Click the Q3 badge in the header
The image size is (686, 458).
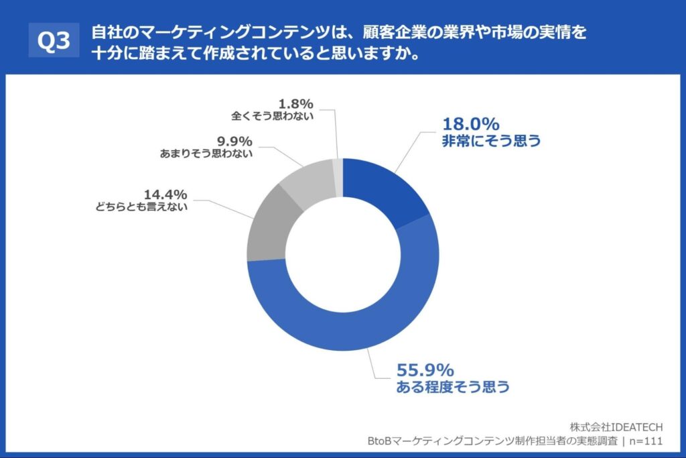tap(54, 42)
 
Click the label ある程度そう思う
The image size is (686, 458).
tap(454, 387)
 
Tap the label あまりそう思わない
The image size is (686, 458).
tap(206, 154)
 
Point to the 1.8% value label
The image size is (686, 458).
tap(296, 103)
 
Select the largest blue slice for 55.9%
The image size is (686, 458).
tap(348, 329)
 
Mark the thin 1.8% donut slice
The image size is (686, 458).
tap(338, 168)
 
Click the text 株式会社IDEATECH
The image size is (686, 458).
tap(616, 427)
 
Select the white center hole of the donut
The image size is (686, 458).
tap(343, 255)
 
